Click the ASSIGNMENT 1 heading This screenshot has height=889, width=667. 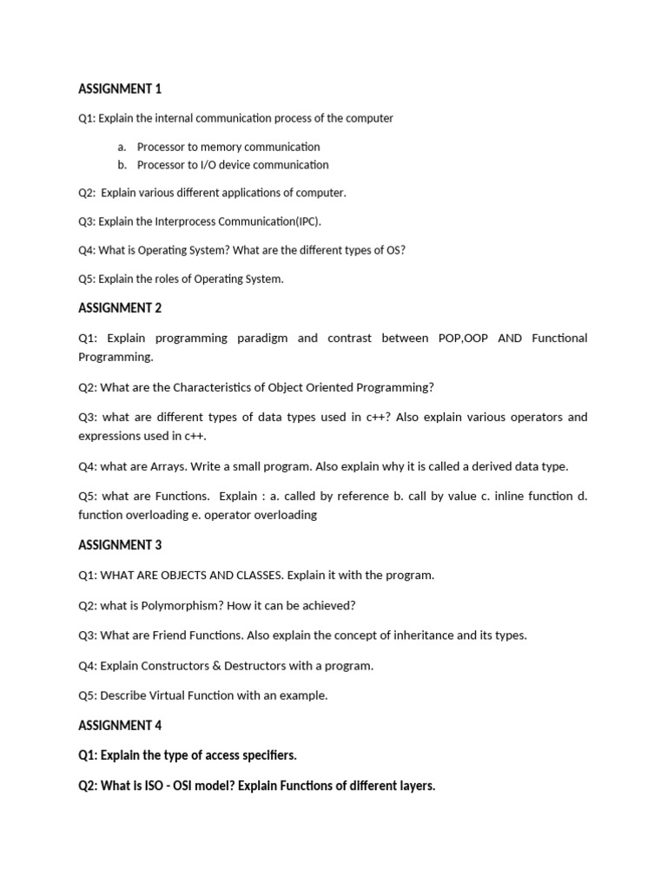click(120, 89)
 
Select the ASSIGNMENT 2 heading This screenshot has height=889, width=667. click(120, 307)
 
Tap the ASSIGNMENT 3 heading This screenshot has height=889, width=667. click(120, 545)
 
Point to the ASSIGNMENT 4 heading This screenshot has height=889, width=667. click(120, 725)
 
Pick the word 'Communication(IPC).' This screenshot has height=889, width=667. click(274, 221)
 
